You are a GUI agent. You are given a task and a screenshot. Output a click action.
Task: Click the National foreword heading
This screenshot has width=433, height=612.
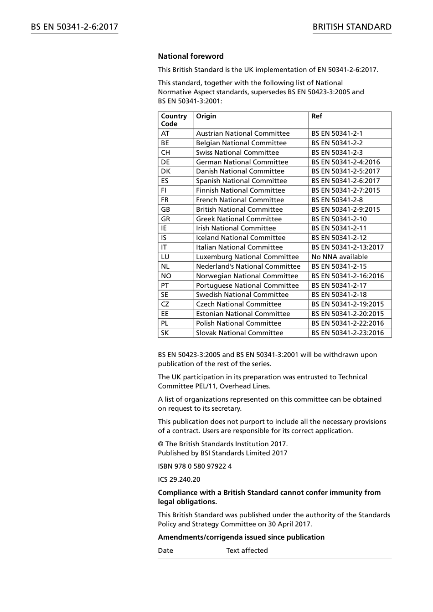point(191,56)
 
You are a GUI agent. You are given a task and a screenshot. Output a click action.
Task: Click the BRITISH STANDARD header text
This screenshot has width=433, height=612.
point(352,27)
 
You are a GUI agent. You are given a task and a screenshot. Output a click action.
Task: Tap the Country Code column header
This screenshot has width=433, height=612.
point(174,120)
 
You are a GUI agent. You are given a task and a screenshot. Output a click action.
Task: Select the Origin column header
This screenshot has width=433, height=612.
point(206,116)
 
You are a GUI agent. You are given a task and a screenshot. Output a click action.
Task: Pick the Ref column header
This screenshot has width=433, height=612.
point(316,116)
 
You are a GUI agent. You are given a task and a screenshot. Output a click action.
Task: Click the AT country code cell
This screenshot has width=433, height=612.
point(165,133)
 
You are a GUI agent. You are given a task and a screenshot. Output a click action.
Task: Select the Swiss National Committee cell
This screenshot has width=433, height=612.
point(237,153)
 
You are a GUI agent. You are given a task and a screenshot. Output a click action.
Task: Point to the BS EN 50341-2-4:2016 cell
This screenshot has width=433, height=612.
point(345,162)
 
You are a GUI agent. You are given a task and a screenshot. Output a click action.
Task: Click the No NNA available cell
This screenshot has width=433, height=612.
point(339,257)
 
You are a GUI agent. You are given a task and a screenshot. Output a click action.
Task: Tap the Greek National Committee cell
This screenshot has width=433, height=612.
point(238,219)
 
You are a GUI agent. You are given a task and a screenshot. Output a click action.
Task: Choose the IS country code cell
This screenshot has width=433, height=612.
point(164,238)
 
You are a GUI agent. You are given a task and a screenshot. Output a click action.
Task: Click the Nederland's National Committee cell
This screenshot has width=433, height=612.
point(248,266)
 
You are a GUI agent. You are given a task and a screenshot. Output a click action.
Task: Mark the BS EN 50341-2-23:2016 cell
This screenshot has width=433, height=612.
point(347,333)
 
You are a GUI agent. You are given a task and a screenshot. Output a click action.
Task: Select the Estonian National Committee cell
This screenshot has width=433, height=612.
point(242,314)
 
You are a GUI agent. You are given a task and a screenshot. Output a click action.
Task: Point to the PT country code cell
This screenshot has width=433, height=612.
point(165,286)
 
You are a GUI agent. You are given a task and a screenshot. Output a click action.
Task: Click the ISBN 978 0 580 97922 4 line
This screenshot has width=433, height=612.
point(195,466)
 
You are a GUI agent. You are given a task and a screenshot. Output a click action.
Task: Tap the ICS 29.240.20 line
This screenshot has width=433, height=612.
point(179,479)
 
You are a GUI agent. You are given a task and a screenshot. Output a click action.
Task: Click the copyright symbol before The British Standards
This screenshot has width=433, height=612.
point(161,444)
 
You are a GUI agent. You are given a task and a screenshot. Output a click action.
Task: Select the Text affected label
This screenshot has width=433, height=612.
point(247,551)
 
